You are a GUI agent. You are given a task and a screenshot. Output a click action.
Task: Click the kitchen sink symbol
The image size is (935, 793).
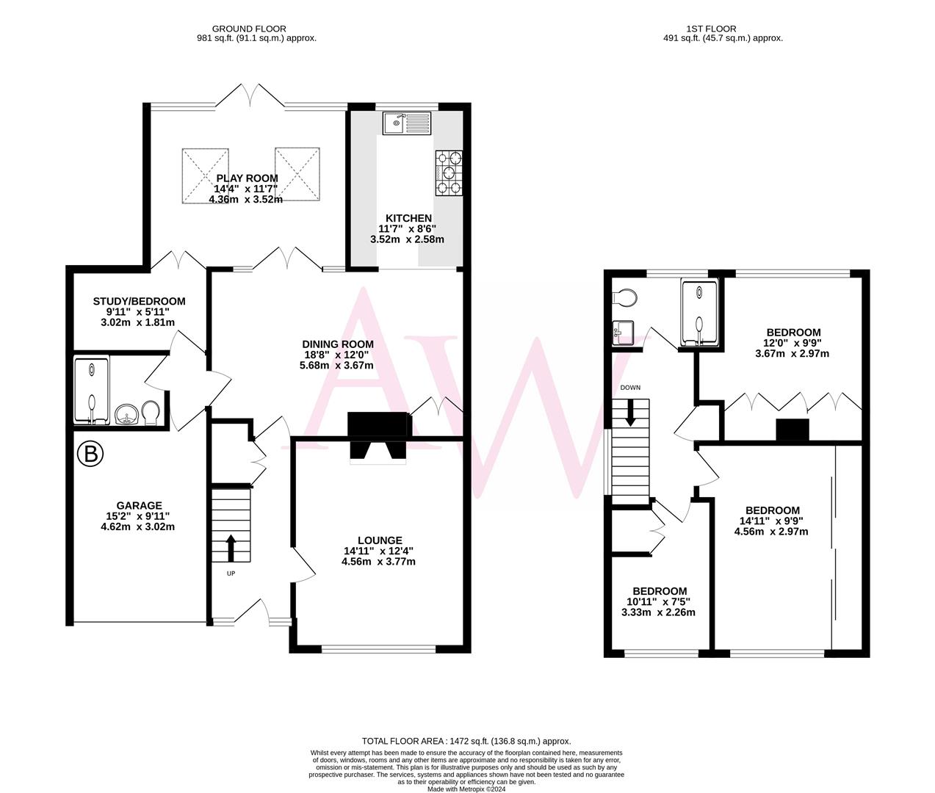[407, 123]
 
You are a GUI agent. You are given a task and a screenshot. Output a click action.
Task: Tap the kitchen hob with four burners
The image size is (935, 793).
[449, 173]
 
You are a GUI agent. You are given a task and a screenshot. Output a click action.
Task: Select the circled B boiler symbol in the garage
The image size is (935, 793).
[90, 455]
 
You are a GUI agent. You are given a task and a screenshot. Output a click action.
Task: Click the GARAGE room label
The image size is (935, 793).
[139, 505]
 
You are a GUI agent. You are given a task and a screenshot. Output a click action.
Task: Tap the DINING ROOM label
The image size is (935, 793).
[338, 344]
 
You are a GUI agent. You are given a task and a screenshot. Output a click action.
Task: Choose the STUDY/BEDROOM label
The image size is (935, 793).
[139, 301]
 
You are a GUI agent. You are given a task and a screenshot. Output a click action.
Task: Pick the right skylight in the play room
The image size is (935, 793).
[298, 175]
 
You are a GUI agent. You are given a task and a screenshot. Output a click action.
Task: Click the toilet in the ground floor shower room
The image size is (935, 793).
[151, 413]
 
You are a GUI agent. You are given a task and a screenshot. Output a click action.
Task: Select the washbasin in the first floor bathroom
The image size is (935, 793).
[621, 333]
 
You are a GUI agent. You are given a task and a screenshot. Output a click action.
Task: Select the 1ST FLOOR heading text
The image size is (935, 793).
[723, 29]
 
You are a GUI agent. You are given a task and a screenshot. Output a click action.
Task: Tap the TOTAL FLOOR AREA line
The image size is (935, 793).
[466, 742]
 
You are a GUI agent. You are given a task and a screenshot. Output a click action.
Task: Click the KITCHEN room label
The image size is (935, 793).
[409, 218]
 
